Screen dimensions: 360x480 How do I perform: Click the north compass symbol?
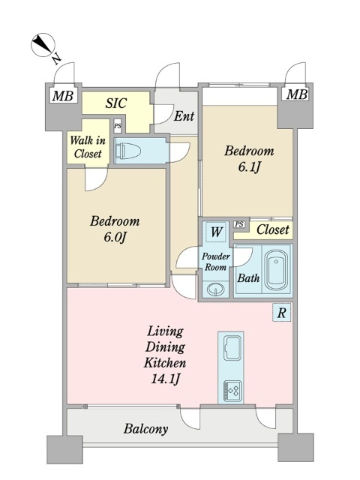(43, 45)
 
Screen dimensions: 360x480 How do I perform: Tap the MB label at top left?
(63, 96)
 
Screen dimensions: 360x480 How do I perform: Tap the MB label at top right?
(297, 94)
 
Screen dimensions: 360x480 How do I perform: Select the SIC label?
(116, 103)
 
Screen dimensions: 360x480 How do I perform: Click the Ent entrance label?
(184, 116)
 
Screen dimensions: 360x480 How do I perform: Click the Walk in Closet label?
(88, 147)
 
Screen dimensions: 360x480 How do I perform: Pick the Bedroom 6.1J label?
(249, 159)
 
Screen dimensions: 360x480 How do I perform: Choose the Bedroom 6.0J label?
(115, 228)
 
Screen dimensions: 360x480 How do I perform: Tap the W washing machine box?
(216, 232)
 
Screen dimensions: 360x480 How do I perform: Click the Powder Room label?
(216, 262)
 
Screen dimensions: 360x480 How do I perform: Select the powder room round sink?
(215, 289)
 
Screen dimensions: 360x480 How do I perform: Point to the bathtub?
(276, 270)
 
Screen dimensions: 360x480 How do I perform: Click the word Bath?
(248, 278)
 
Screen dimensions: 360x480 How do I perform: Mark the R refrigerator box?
(282, 313)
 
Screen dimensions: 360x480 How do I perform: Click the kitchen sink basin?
(232, 347)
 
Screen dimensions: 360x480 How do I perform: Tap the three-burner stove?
(232, 391)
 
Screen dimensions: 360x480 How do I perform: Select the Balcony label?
(145, 429)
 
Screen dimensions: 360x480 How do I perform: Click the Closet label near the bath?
(272, 229)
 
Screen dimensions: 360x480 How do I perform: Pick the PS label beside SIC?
(118, 126)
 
